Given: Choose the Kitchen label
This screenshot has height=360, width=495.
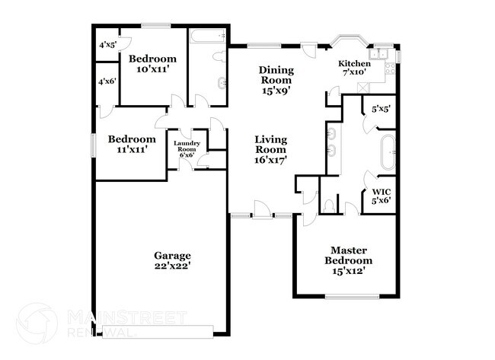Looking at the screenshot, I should tap(355, 64).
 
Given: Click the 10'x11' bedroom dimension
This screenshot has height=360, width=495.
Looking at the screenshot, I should tap(152, 69).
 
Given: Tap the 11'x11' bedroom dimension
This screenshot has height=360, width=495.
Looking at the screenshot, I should tap(132, 150).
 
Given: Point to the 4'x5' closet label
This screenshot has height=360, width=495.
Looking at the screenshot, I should tap(107, 45).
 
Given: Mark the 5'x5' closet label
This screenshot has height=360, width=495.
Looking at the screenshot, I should tap(380, 109).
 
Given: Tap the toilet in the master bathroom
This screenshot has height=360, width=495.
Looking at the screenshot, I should tap(328, 205).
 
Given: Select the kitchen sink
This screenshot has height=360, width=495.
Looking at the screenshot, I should tap(378, 54).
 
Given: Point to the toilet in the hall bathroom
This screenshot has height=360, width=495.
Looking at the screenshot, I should tap(218, 56).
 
